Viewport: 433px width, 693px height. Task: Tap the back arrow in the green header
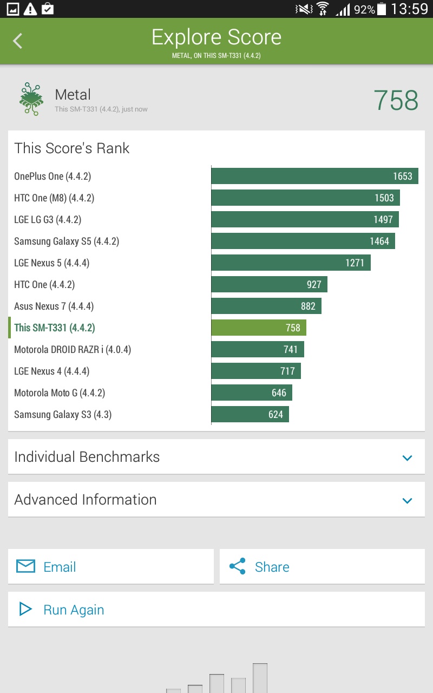(x=18, y=41)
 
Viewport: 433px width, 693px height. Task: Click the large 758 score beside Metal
(x=396, y=101)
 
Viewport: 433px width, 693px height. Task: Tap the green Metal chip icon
(x=31, y=99)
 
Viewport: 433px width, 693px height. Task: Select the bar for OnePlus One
(x=314, y=176)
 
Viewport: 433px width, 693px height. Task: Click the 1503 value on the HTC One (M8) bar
(x=384, y=198)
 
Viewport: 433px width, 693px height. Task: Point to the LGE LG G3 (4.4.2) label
(x=48, y=219)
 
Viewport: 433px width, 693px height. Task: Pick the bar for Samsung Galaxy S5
(x=303, y=241)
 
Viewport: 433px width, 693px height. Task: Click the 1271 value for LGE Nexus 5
(x=355, y=263)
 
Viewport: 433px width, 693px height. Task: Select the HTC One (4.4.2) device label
(x=44, y=284)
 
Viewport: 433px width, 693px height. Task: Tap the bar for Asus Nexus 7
(x=266, y=306)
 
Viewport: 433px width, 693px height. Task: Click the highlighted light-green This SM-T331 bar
(x=259, y=328)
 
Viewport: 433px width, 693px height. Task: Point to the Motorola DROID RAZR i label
(x=73, y=349)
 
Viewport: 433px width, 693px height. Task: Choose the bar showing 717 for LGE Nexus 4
(x=255, y=371)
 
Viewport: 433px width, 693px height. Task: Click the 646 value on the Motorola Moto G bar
(x=279, y=393)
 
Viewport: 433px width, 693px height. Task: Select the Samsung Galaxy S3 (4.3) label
(x=63, y=414)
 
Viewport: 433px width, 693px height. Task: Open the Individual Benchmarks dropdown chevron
(x=408, y=457)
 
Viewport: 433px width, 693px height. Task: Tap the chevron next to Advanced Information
(x=408, y=500)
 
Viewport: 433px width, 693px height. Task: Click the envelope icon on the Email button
(x=25, y=566)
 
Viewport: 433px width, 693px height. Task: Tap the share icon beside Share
(x=237, y=566)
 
